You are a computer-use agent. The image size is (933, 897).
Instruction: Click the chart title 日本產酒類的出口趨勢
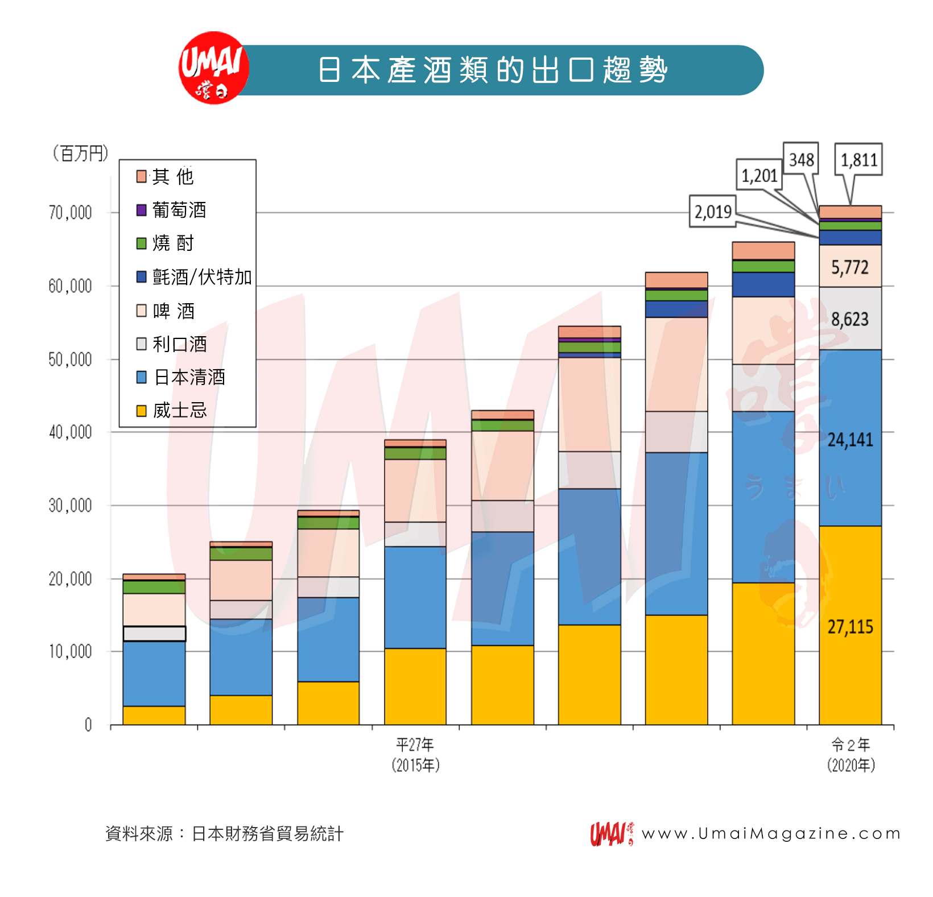click(493, 70)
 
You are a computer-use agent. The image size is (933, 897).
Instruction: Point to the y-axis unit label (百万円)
click(80, 153)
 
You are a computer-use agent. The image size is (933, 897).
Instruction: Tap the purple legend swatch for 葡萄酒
click(142, 210)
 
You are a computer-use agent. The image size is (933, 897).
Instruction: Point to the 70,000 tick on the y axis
click(70, 213)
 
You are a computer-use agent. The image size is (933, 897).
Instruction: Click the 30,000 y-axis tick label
click(70, 505)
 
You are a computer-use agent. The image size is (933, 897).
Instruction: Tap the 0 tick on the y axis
click(88, 725)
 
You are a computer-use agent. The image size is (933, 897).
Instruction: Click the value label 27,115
click(850, 627)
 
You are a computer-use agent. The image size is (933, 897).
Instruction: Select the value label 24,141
click(850, 440)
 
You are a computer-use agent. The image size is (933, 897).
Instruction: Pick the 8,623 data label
click(850, 319)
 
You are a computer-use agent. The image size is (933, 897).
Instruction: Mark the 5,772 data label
click(850, 267)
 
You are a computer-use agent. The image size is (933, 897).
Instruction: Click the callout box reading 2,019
click(712, 212)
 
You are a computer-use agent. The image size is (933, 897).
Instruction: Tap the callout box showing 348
click(801, 159)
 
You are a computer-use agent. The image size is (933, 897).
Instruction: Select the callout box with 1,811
click(858, 160)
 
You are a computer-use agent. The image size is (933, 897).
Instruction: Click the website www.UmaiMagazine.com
click(770, 833)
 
